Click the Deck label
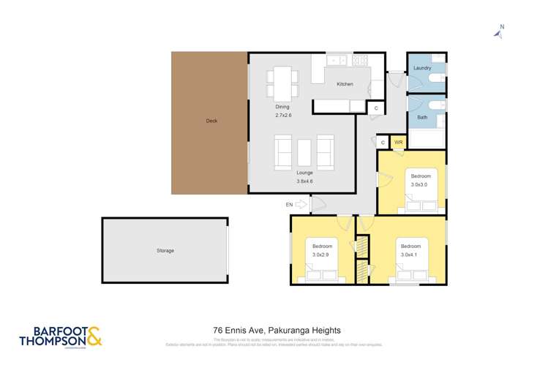pos(211,121)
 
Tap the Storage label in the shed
pos(165,251)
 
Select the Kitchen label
pos(345,84)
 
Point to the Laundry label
pos(422,68)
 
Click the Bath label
pos(422,117)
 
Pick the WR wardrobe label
pos(399,142)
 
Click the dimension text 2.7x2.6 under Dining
pos(283,116)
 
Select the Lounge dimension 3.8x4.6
pos(304,181)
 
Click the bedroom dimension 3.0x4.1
pos(410,255)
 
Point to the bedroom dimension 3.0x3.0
pos(420,184)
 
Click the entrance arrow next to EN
pos(302,206)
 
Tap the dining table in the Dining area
pos(283,82)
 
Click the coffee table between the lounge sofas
pos(304,151)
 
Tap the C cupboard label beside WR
pos(383,142)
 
